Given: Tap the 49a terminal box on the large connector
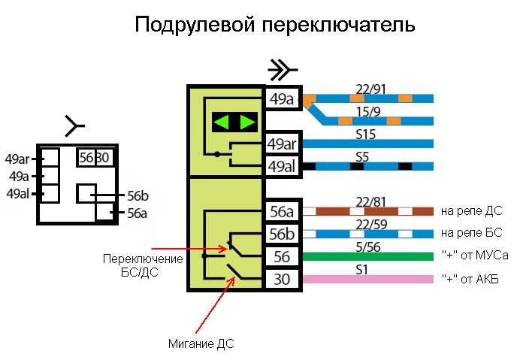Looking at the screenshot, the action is click(x=283, y=99).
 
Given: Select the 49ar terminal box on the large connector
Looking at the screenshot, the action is click(x=283, y=144).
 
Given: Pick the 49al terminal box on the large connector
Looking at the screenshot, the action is click(x=283, y=166).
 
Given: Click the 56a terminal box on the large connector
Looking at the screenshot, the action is click(x=283, y=211).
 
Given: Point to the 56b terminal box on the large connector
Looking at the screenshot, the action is click(x=283, y=234).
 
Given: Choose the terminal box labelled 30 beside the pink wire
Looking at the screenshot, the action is click(x=283, y=280).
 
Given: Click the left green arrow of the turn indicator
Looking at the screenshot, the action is click(x=221, y=123).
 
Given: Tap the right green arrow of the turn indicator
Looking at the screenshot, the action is click(x=248, y=123).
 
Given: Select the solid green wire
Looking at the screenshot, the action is click(x=367, y=256).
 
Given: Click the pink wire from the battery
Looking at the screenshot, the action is click(x=367, y=280).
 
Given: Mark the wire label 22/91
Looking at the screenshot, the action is click(x=370, y=89).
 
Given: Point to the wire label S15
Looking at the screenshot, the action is click(x=366, y=135).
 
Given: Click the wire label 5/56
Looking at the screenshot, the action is click(x=368, y=247).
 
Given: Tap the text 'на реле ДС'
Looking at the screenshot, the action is click(x=472, y=211).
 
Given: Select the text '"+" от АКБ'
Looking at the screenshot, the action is click(x=470, y=280).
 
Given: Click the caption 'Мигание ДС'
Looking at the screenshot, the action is click(x=201, y=344).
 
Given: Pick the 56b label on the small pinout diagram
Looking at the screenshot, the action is click(x=138, y=196).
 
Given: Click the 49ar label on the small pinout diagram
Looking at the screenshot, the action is click(x=17, y=159).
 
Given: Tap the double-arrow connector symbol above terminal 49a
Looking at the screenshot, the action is click(x=283, y=70).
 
